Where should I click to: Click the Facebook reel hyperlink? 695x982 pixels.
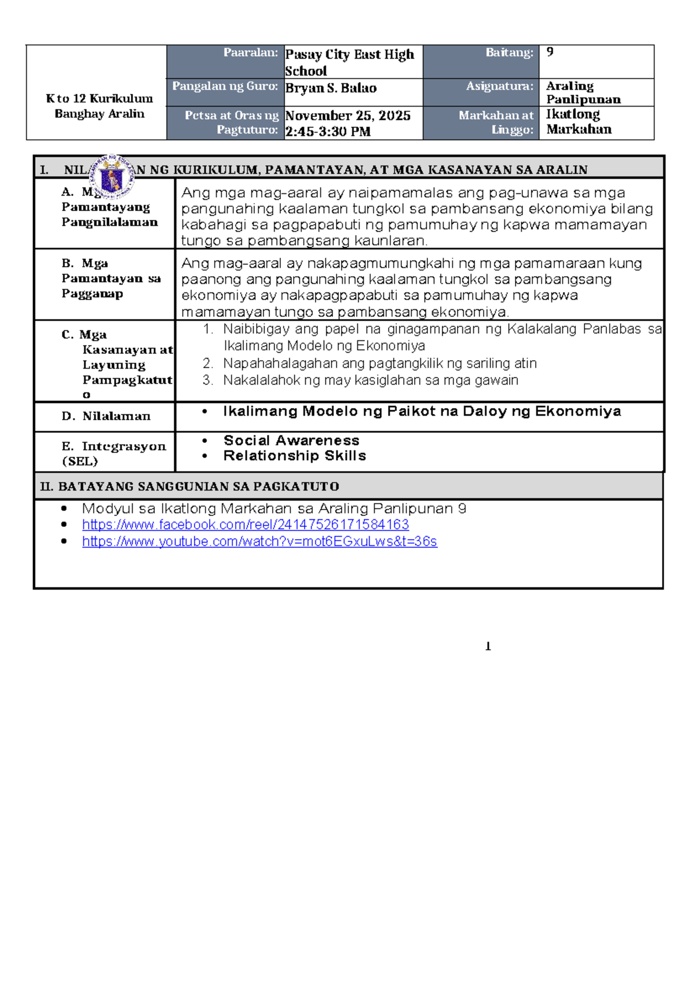coord(245,525)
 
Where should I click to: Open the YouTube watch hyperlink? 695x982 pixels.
coord(259,541)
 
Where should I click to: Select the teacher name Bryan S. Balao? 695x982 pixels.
coord(331,88)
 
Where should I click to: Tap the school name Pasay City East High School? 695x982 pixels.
coord(349,62)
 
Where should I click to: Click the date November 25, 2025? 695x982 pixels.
coord(348,115)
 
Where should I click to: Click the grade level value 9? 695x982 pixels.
coord(550,52)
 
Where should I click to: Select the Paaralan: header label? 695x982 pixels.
coord(251,53)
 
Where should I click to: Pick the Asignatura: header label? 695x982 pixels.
coord(499,86)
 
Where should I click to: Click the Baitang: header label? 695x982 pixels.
coord(509,53)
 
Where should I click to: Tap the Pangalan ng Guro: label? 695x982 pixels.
coord(225,86)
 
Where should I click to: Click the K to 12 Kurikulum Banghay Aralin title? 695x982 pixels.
coord(99,106)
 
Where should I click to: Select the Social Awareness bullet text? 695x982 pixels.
coord(291,441)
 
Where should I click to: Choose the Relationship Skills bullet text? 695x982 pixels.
coord(294,456)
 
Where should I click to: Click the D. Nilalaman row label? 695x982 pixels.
coord(106,416)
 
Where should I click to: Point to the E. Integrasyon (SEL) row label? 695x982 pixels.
coord(114,453)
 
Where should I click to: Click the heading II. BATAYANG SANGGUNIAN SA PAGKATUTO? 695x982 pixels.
coord(189,486)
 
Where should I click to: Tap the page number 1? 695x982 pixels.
coord(488,646)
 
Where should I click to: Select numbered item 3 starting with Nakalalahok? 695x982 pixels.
coord(370,380)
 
